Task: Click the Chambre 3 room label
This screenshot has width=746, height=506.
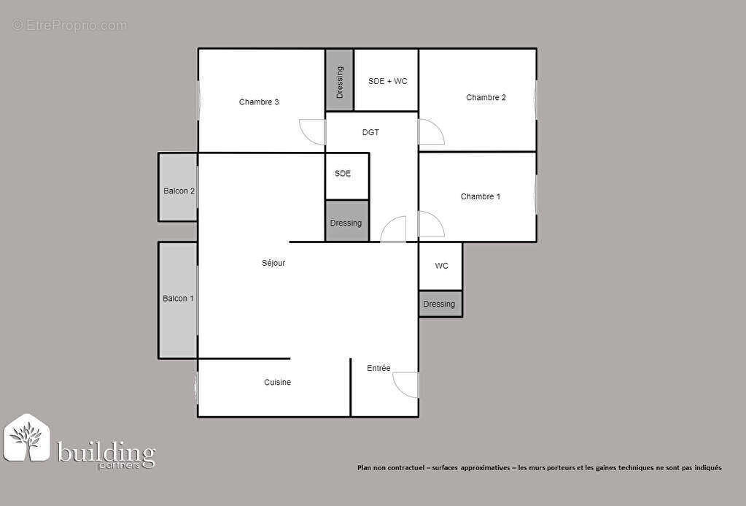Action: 259,102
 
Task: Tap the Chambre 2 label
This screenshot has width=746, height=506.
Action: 486,98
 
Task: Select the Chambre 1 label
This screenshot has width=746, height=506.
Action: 480,196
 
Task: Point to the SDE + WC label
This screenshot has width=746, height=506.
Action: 387,81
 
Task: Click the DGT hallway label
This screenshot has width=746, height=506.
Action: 370,133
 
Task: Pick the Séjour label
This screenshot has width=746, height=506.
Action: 273,263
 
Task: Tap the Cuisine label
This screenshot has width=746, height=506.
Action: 277,383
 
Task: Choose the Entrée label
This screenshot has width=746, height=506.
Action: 378,368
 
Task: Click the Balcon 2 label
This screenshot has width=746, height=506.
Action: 179,191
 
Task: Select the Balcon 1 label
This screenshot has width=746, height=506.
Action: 178,299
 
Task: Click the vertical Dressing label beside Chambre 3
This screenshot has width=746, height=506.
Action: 340,83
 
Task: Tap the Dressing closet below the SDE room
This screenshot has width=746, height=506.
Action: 346,223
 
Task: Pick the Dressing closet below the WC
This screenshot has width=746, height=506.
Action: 439,304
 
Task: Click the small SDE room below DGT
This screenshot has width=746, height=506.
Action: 343,174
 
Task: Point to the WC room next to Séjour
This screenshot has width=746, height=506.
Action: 442,266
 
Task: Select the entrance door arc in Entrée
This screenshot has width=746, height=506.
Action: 406,385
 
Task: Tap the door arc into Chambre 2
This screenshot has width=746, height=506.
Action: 430,131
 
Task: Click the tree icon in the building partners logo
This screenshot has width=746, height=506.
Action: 26,438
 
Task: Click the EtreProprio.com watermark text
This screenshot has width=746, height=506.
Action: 70,26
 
